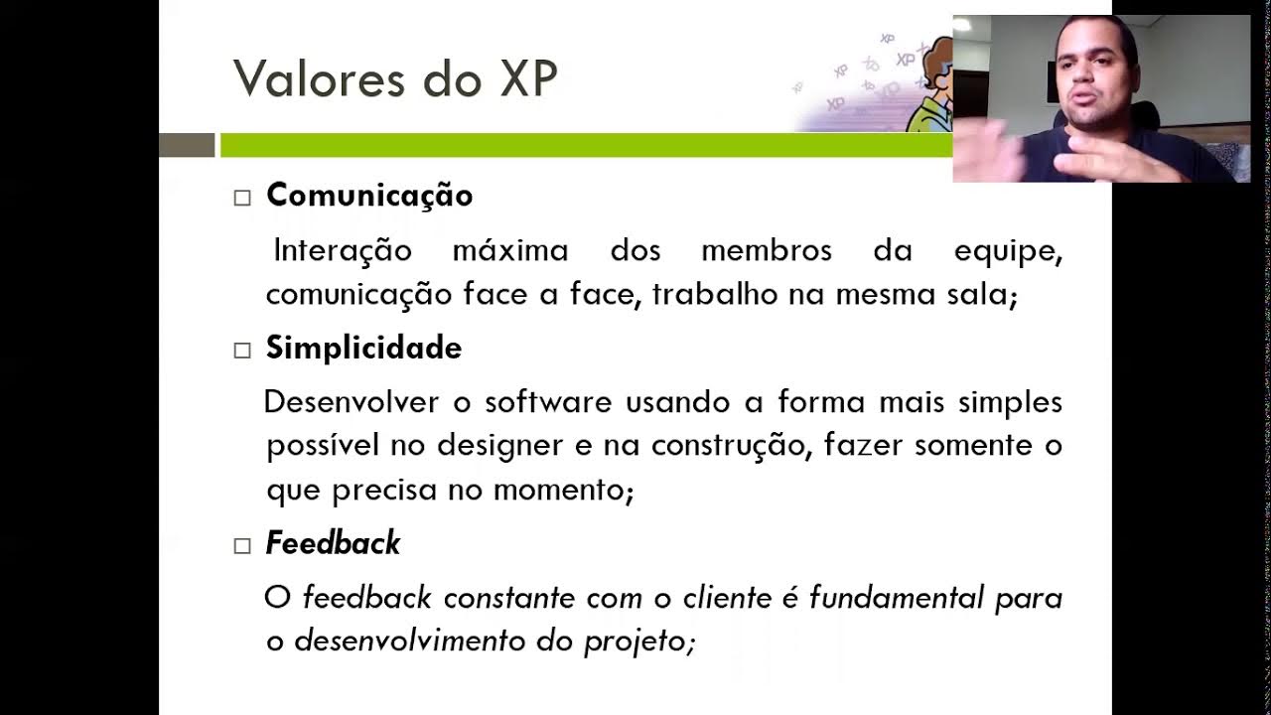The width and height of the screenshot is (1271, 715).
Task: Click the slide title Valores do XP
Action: [x=394, y=79]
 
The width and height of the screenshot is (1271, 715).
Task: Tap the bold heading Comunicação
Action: [x=369, y=196]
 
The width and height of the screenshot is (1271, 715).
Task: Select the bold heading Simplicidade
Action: [x=363, y=349]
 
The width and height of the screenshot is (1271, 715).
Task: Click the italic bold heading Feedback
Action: [x=333, y=543]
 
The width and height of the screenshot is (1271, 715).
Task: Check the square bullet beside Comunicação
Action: [x=242, y=198]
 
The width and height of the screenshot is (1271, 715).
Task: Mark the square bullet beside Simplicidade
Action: [x=242, y=351]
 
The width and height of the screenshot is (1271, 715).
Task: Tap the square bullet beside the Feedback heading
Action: [x=242, y=545]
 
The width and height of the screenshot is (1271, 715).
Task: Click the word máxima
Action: [x=510, y=250]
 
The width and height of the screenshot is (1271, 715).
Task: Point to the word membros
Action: [x=767, y=250]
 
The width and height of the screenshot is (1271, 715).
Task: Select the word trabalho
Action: [x=716, y=295]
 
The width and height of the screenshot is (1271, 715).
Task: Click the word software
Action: [x=548, y=402]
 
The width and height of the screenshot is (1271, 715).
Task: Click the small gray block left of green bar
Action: [x=187, y=145]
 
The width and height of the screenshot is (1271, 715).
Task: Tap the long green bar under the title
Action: [x=586, y=145]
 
